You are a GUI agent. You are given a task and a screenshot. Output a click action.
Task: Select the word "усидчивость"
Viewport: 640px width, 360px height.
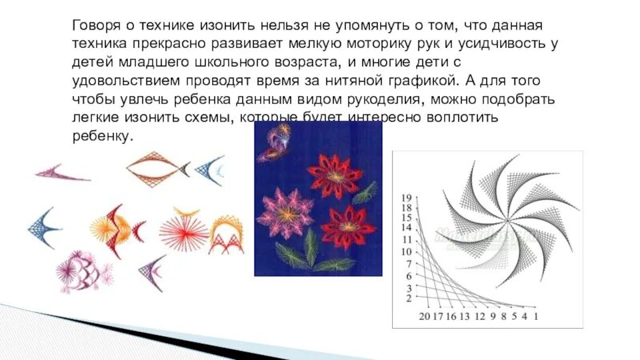(481, 43)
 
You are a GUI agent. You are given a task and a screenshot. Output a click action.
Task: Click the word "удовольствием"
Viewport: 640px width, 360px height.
(118, 81)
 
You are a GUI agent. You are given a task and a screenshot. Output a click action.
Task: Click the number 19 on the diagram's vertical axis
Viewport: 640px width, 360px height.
(406, 198)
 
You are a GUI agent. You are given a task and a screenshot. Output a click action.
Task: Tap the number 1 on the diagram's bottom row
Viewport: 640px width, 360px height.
(535, 317)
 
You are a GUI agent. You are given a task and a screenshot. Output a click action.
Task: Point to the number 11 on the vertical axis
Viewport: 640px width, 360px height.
(406, 239)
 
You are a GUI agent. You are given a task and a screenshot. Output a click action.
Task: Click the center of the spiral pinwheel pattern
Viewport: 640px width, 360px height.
(506, 221)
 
